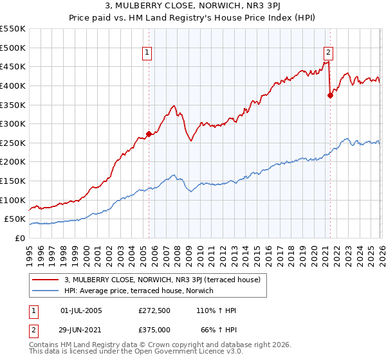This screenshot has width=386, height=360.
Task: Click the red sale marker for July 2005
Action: pyautogui.click(x=149, y=134)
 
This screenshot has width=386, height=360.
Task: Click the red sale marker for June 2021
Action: pyautogui.click(x=330, y=95)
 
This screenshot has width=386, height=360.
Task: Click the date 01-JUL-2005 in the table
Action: pyautogui.click(x=81, y=310)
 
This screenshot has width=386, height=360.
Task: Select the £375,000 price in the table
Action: pyautogui.click(x=154, y=329)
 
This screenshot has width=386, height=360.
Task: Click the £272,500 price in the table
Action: pyautogui.click(x=154, y=310)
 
